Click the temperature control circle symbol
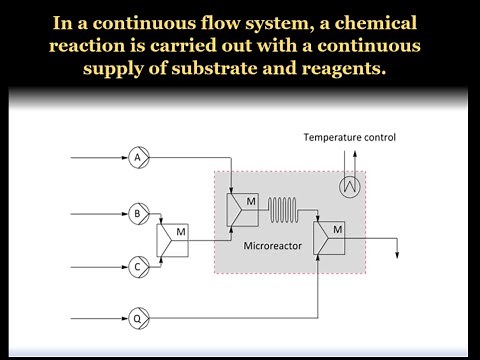point(349,186)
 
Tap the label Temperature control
point(350,137)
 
